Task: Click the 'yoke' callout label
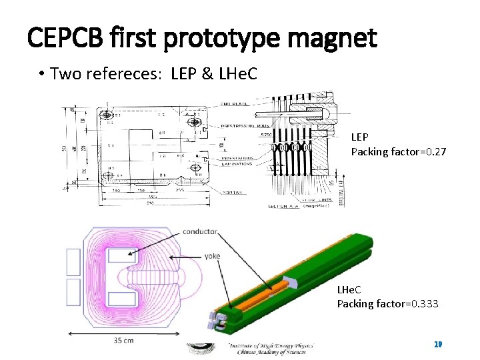tap(212, 255)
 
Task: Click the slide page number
tap(438, 344)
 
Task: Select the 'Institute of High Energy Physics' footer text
tap(271, 347)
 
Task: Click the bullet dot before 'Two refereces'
tap(41, 73)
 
